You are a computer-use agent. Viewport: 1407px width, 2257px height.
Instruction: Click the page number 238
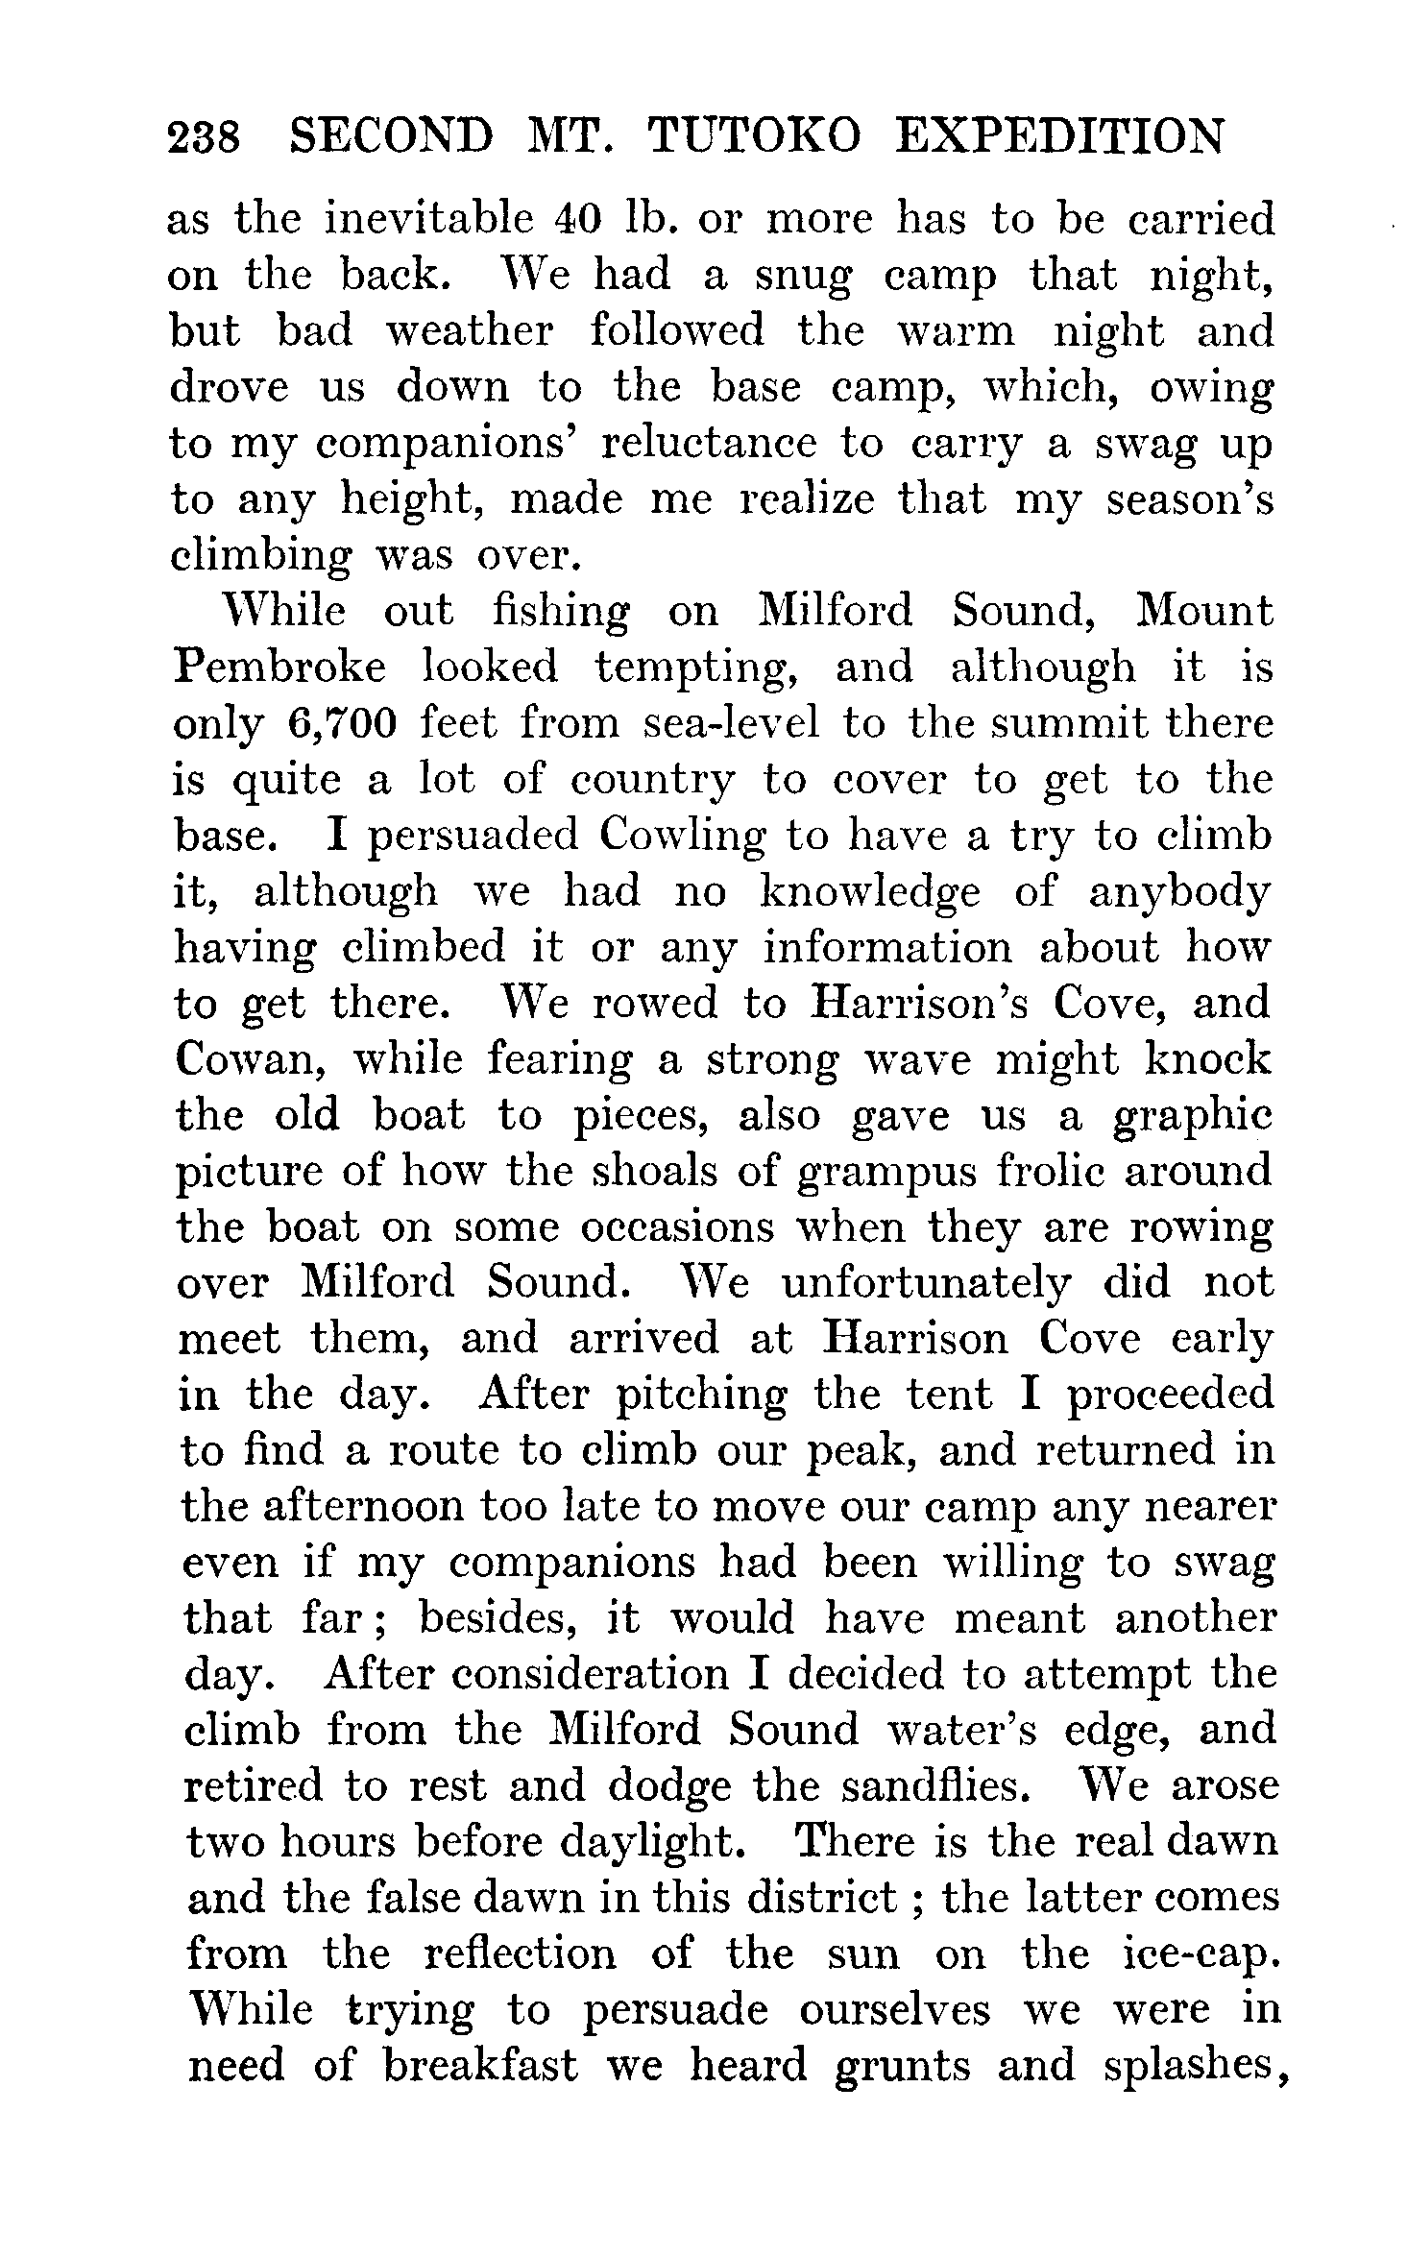(x=203, y=137)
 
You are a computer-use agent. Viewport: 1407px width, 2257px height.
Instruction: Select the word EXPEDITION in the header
(x=1059, y=137)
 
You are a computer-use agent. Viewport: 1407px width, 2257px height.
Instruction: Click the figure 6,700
(x=342, y=724)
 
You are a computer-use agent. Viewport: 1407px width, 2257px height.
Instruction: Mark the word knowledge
(x=870, y=892)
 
